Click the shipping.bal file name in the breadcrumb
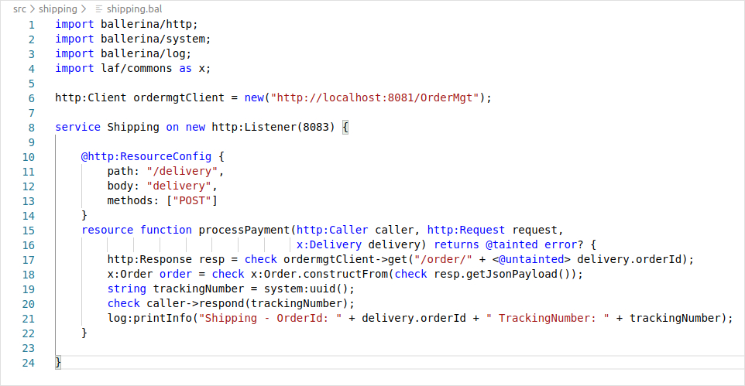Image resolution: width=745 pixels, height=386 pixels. point(135,9)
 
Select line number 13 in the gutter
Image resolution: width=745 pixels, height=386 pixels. point(29,201)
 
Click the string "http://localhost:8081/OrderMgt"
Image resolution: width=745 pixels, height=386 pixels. point(375,97)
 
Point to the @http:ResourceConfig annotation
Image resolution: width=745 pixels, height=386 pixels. point(146,157)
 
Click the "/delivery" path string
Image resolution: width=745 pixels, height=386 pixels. point(183,172)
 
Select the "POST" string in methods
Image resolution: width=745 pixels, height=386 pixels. point(192,201)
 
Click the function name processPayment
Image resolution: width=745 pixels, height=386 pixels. point(244,231)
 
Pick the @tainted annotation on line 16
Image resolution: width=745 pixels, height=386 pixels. point(511,245)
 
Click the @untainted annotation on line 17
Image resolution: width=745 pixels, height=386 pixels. point(531,260)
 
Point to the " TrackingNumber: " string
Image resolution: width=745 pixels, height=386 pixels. point(548,319)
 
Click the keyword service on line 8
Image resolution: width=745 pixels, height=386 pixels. point(77,127)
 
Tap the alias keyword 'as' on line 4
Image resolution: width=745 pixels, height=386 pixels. point(185,69)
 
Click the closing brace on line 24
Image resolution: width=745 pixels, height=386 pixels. point(58,363)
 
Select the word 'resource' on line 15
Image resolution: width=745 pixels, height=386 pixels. point(108,231)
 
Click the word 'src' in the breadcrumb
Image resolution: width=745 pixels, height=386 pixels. point(19,9)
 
